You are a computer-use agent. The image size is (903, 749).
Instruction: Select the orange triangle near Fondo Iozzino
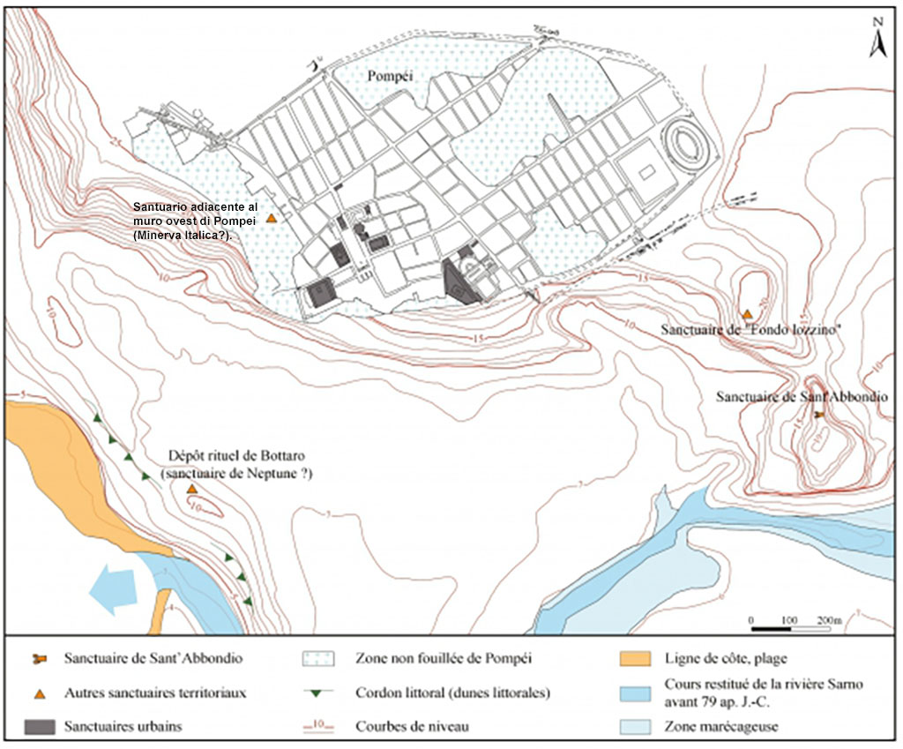(747, 314)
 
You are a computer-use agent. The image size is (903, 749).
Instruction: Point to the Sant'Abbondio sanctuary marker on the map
(818, 414)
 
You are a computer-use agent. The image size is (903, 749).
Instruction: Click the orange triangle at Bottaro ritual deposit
(191, 489)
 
